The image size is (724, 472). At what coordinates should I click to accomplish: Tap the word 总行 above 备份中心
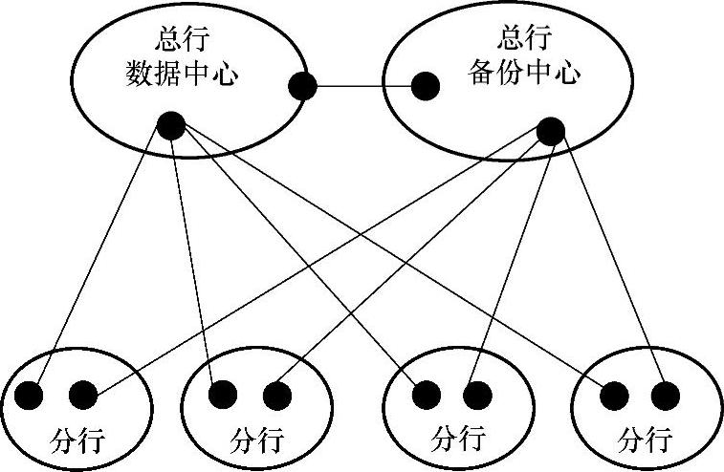[x=524, y=39]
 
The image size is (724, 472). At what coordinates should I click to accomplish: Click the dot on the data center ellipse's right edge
[x=302, y=87]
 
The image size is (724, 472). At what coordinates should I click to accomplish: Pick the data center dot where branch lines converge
[x=170, y=124]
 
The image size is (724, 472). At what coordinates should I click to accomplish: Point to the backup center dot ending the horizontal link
[x=426, y=87]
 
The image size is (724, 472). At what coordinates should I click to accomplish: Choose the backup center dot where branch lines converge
[x=550, y=132]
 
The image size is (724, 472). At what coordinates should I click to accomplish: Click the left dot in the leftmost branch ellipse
[x=31, y=394]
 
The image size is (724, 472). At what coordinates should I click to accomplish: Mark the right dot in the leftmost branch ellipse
[x=83, y=394]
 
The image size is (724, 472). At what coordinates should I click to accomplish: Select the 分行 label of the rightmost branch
[x=643, y=440]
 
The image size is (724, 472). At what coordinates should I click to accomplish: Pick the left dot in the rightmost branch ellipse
[x=615, y=394]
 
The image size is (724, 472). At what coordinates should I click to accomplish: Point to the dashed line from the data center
[x=199, y=268]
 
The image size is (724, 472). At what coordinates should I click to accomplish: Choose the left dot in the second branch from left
[x=223, y=394]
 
